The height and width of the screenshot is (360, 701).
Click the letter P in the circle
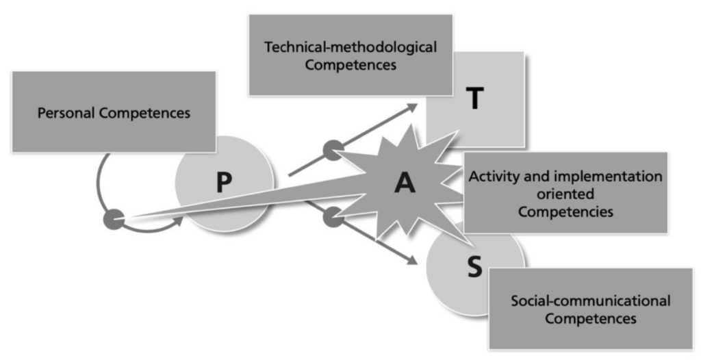(225, 183)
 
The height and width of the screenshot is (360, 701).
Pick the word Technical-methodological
(350, 48)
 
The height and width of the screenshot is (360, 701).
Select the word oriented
(565, 194)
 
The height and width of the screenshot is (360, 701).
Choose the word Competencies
(565, 211)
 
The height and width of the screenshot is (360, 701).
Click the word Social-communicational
(590, 301)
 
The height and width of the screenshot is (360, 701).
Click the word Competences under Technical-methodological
(350, 66)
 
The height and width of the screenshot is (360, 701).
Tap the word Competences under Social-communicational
(590, 318)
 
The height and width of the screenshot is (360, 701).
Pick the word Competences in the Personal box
(144, 112)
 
